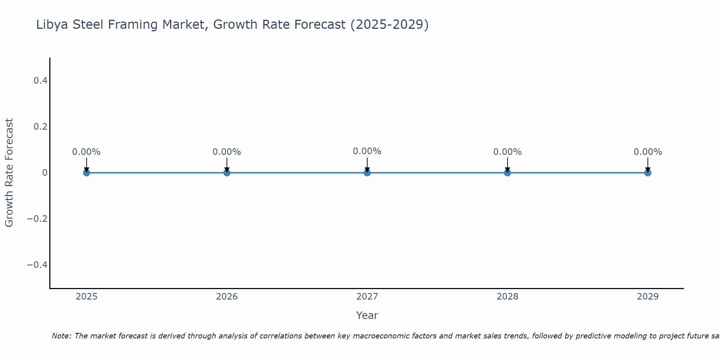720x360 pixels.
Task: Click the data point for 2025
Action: (x=86, y=173)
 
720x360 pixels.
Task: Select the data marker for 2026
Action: (x=227, y=173)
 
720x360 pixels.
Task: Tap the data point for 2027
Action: (x=367, y=173)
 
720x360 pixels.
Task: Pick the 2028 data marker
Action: (x=507, y=173)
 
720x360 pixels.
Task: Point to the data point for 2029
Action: (x=648, y=173)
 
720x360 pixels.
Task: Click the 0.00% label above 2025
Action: (x=86, y=152)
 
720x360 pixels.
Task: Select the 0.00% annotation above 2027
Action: (x=367, y=151)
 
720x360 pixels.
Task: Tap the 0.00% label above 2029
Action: (x=648, y=152)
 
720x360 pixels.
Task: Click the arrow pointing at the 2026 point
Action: (x=227, y=165)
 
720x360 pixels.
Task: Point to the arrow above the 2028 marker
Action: (x=507, y=165)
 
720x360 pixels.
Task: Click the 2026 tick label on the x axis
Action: (x=227, y=297)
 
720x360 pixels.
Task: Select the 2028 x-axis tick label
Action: (x=507, y=297)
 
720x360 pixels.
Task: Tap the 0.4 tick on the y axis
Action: (x=40, y=81)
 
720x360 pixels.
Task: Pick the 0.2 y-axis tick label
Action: (x=40, y=127)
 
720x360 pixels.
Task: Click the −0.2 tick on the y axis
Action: (x=37, y=219)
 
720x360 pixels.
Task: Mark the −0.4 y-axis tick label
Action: (x=37, y=265)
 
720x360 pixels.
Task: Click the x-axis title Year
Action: (x=367, y=316)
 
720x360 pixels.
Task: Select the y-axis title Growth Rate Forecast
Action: (x=9, y=173)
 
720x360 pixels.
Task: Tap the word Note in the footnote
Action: (x=62, y=336)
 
